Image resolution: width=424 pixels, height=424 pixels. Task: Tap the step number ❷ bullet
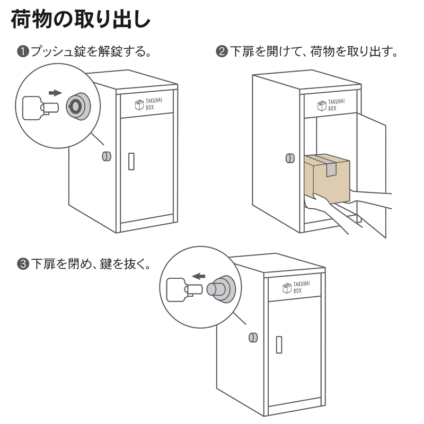[222, 52]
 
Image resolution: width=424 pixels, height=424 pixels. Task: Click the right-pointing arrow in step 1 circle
[55, 93]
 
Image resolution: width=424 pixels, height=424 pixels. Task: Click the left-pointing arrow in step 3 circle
[199, 276]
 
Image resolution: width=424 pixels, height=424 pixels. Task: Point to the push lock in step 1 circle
[78, 106]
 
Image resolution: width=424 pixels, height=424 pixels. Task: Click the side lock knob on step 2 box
[289, 158]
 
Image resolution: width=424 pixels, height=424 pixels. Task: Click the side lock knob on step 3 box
[253, 337]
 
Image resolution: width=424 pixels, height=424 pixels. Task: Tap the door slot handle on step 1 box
[131, 161]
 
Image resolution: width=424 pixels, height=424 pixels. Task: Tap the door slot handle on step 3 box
[278, 344]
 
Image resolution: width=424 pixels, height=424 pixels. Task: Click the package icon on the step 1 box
[139, 104]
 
